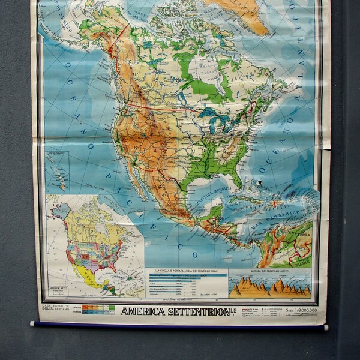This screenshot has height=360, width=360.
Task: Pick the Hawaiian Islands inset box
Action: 58,171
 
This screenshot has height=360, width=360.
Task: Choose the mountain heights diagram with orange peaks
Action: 270,286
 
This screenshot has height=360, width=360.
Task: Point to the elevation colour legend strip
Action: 98,310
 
